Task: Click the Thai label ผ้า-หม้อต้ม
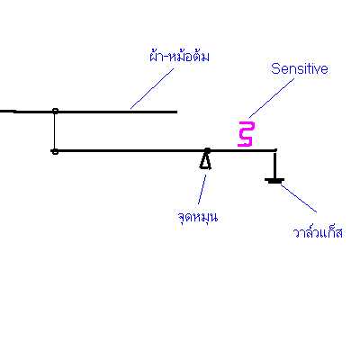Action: (179, 56)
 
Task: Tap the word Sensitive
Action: (299, 68)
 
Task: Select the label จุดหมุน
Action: (197, 216)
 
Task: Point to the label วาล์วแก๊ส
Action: (318, 231)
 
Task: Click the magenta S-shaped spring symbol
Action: (247, 134)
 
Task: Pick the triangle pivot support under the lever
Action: (205, 161)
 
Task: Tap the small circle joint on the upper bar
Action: (55, 112)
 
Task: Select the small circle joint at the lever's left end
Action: (55, 151)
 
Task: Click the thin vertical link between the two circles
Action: (55, 131)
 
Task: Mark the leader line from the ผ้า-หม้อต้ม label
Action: (152, 88)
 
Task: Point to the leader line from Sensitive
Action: (272, 98)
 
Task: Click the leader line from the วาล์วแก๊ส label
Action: (299, 199)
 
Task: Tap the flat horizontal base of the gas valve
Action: (274, 180)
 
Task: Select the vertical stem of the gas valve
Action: (274, 166)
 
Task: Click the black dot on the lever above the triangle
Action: (207, 150)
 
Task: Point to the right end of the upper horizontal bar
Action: (176, 112)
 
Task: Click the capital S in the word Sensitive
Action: (275, 69)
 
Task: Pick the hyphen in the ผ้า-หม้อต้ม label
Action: (167, 57)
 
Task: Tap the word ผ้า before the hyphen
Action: (157, 56)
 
